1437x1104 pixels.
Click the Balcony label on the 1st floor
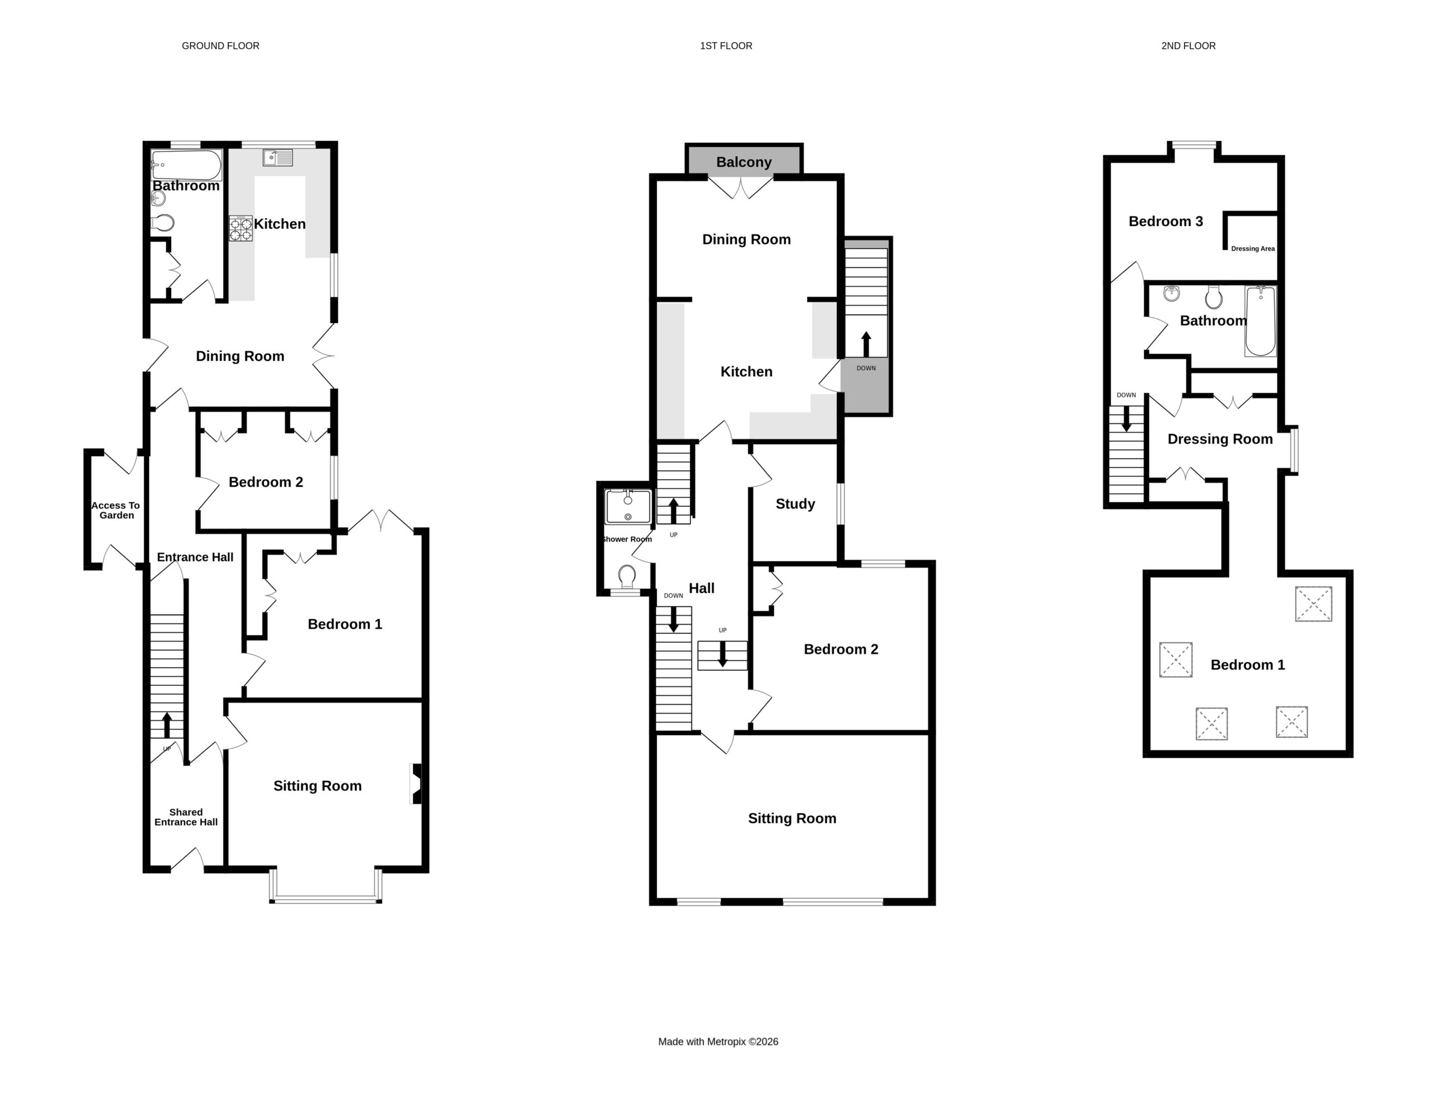coord(743,162)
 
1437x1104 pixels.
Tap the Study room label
coord(795,504)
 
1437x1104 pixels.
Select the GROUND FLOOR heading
coord(221,46)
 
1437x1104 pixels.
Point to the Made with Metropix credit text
coord(718,1042)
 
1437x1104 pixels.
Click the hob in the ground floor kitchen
coord(240,228)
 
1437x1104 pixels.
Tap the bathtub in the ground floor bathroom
coord(186,165)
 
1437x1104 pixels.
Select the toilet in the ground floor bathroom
coord(162,223)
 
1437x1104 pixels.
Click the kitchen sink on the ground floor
coord(278,158)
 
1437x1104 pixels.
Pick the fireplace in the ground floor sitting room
coord(416,784)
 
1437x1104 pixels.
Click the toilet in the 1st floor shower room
coord(627,576)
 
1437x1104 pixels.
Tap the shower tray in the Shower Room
coord(628,506)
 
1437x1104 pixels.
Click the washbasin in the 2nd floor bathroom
coord(1171,293)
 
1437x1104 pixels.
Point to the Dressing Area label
coord(1253,249)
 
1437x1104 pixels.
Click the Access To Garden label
coord(116,511)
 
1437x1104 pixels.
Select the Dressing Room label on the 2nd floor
coord(1220,439)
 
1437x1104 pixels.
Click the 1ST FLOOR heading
coord(726,46)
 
